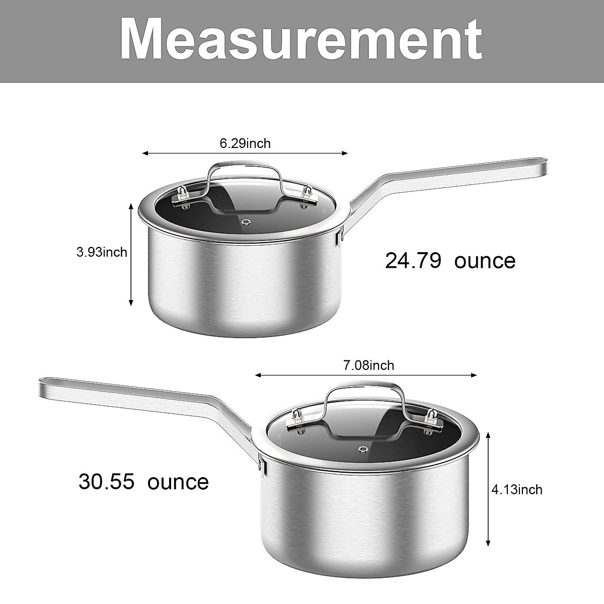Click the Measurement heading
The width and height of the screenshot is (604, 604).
pos(301,39)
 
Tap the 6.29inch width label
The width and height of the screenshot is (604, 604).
pos(245,143)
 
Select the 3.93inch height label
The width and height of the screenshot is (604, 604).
pos(102,252)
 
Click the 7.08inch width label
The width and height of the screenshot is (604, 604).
pos(368,365)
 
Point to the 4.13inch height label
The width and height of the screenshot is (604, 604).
pos(517,489)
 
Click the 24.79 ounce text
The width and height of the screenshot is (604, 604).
pos(450,261)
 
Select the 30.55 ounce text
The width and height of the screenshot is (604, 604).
pos(143,481)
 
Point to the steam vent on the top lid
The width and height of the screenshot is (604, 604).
pos(246,221)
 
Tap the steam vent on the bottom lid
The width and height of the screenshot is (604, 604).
pos(362,449)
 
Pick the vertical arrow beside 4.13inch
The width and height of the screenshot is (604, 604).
pos(488,489)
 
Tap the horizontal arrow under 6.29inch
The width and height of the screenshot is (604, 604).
pos(245,154)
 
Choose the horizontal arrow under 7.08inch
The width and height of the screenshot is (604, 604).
pos(366,375)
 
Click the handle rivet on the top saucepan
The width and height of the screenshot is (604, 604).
pos(341,233)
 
